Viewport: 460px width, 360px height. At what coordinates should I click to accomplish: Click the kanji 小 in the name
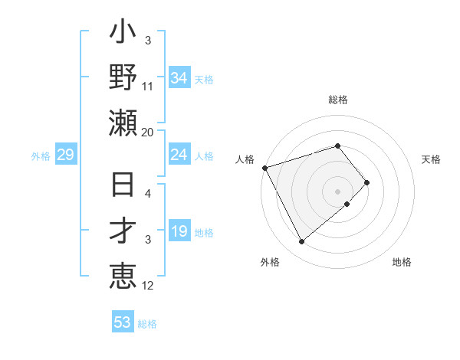[x=123, y=35]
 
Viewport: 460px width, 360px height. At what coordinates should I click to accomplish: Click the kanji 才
[x=123, y=230]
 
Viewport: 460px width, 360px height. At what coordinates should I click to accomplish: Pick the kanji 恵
[x=123, y=273]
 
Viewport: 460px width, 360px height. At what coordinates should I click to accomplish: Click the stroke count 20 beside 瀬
[x=148, y=132]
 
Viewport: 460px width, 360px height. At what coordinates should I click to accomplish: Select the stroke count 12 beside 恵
[x=148, y=286]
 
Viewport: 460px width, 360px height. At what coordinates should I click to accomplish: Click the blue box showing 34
[x=179, y=77]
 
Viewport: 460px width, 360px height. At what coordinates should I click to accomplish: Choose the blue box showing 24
[x=179, y=155]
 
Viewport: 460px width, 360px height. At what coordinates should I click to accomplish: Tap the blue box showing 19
[x=179, y=232]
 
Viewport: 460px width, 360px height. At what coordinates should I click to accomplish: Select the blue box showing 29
[x=65, y=155]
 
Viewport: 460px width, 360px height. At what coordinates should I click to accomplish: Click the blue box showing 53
[x=123, y=322]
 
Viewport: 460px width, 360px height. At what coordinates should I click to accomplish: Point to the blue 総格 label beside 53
[x=147, y=324]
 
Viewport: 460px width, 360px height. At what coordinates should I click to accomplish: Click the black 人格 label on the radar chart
[x=245, y=159]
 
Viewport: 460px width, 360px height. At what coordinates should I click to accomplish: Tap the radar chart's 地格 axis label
[x=402, y=262]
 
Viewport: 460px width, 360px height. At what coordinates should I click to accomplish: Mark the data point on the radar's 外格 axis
[x=301, y=241]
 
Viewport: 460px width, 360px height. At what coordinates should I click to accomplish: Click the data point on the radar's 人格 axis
[x=264, y=167]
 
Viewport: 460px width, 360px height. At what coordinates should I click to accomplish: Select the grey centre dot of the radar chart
[x=337, y=191]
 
